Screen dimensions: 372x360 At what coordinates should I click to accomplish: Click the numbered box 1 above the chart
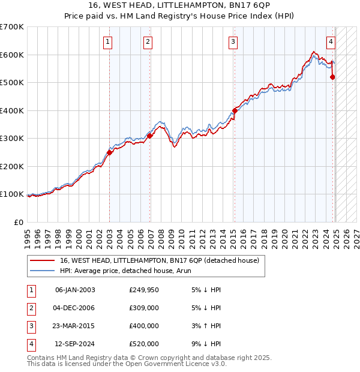pos(107,41)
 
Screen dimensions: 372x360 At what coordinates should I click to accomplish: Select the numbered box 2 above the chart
pos(148,41)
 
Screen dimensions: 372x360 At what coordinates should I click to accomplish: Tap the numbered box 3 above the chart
pos(232,41)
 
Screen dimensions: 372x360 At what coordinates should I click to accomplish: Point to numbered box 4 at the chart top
pos(331,41)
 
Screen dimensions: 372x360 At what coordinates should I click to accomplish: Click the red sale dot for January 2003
pos(110,152)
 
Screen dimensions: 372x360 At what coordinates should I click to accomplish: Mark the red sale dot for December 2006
pos(150,136)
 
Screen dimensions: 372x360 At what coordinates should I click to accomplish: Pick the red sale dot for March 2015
pos(235,110)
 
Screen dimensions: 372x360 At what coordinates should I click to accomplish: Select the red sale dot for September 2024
pos(332,77)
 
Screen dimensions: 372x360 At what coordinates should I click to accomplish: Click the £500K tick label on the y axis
pos(12,82)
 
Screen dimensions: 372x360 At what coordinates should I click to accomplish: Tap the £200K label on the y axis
pos(12,166)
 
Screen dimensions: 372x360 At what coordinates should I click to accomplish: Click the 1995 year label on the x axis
pos(27,235)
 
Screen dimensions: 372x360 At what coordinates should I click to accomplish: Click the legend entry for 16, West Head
pos(159,260)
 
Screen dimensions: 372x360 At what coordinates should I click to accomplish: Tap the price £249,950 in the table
pos(144,290)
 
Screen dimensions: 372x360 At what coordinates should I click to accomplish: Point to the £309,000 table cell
pos(144,308)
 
